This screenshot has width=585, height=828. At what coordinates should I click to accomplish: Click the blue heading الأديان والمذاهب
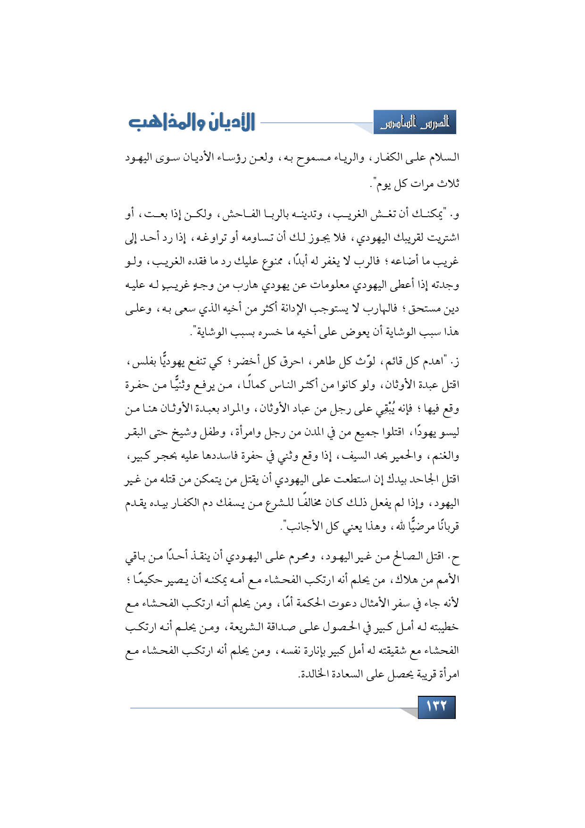pyautogui.click(x=192, y=123)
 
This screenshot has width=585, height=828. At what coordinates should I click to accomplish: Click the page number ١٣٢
pyautogui.click(x=436, y=707)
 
